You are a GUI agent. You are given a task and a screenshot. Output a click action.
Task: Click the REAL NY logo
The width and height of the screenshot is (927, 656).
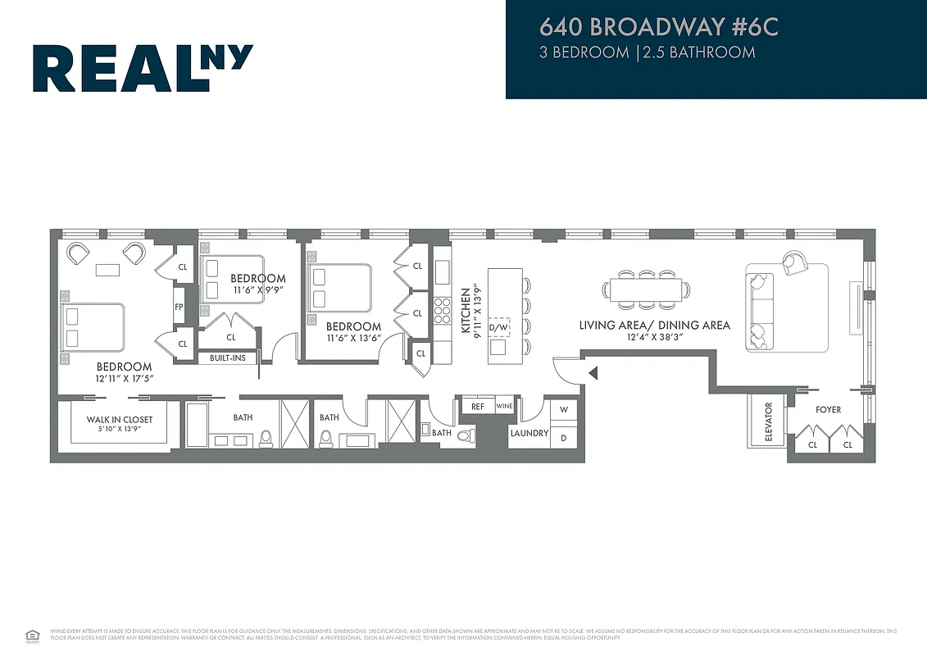[x=143, y=68]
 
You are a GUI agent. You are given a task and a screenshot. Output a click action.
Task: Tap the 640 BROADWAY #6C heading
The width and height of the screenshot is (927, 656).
[x=658, y=27]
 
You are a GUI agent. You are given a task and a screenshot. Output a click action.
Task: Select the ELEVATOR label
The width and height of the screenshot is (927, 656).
[x=769, y=421]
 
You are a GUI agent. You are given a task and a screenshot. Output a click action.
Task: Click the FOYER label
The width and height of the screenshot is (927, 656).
[x=828, y=409]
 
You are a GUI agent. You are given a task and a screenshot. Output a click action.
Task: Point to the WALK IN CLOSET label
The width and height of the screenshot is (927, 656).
[x=120, y=420]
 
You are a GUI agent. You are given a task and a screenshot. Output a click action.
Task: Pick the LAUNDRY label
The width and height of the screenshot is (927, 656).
[x=529, y=433]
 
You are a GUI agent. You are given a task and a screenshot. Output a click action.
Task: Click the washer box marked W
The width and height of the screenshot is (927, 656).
[x=563, y=409]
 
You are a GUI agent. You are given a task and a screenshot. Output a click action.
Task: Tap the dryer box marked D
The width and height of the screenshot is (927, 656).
[x=563, y=437]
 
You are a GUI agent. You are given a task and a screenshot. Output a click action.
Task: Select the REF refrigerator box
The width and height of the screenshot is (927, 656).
[x=478, y=406]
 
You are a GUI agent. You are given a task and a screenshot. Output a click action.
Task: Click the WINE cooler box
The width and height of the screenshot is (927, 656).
[x=504, y=406]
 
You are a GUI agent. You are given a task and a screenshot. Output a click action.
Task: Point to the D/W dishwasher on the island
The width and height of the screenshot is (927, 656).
[x=498, y=328]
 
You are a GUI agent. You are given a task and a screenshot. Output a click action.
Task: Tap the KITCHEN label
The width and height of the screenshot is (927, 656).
[x=466, y=310]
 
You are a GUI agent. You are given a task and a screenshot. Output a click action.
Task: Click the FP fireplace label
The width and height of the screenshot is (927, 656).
[x=179, y=307]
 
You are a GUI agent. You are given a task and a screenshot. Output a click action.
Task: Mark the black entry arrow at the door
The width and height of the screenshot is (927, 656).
[x=593, y=374]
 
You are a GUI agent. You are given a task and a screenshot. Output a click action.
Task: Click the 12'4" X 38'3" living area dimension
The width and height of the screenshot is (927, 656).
[x=654, y=338]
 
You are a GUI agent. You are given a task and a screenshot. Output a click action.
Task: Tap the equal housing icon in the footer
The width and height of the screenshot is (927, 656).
[x=33, y=634]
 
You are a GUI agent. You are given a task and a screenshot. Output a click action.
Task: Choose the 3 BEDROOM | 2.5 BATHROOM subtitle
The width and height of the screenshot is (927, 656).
[x=647, y=52]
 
